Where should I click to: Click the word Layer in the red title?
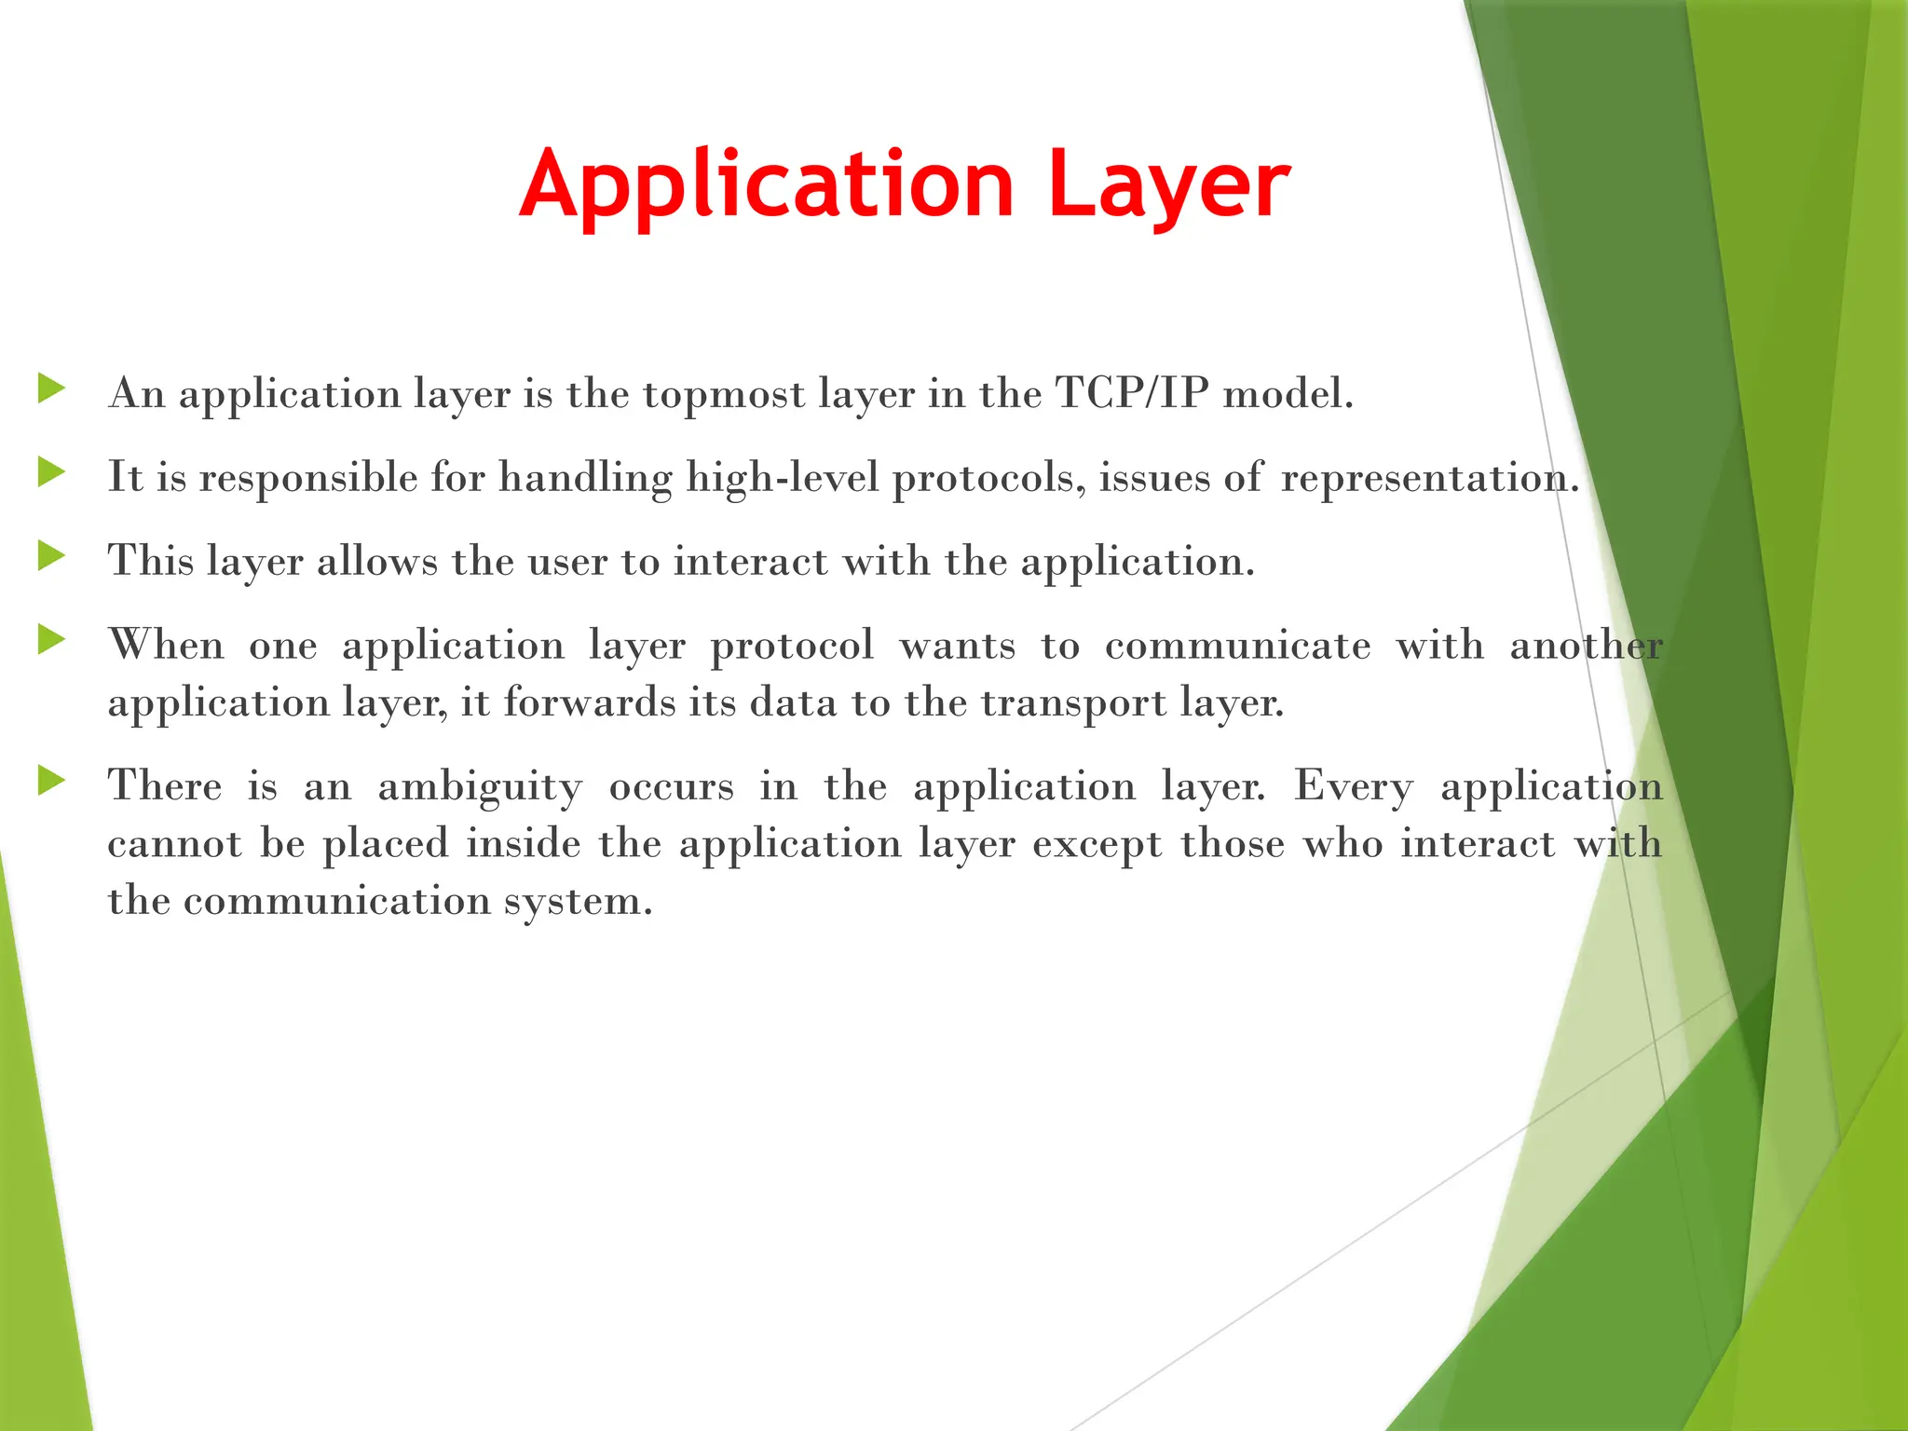(1168, 186)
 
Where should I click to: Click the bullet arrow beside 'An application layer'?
(51, 388)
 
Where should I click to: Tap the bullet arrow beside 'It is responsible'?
(51, 472)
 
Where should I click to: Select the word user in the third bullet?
(566, 562)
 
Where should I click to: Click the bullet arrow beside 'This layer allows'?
(51, 556)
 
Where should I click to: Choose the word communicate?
(1237, 646)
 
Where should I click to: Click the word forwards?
(589, 702)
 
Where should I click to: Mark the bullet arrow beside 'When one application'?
(51, 640)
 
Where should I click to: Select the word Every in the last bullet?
(1353, 787)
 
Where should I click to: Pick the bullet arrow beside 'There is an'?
(51, 781)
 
